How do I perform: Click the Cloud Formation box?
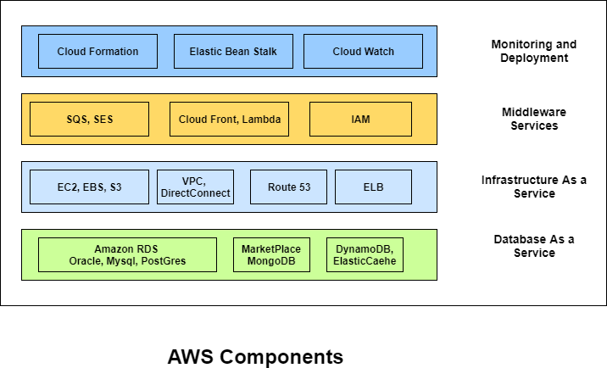pos(97,52)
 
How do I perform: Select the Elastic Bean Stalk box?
pos(233,52)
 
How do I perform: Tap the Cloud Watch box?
pos(363,52)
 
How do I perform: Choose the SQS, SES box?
pos(89,120)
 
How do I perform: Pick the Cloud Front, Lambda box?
pos(229,120)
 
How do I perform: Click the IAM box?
pos(360,120)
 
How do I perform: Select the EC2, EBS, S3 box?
pos(89,187)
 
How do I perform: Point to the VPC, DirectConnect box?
pos(195,187)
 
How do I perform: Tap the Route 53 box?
pos(288,187)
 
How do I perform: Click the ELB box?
pos(373,187)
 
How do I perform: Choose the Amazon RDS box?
pos(127,255)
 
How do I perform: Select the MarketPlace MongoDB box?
pos(271,255)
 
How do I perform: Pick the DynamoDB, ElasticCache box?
pos(365,255)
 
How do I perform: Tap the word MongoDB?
pos(271,262)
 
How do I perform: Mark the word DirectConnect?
pos(195,194)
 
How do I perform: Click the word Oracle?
pos(86,262)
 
